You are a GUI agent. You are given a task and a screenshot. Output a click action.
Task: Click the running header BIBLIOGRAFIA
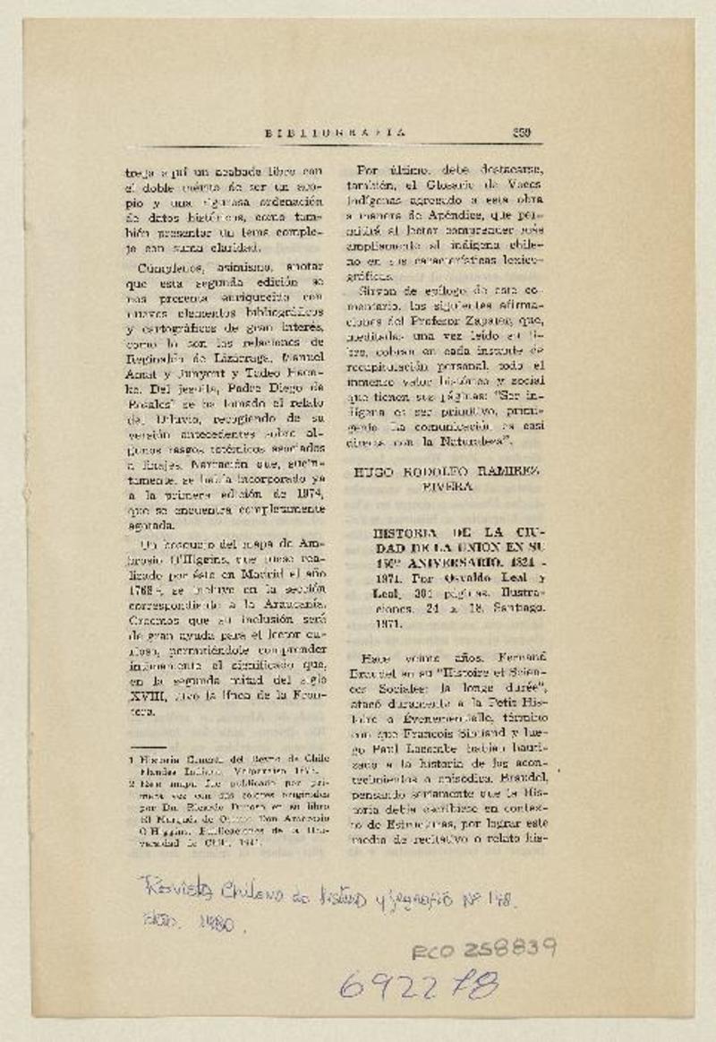point(335,133)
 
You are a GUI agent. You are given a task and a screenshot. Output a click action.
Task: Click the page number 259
point(522,133)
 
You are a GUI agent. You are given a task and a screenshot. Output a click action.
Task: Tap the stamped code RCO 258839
point(484,949)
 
